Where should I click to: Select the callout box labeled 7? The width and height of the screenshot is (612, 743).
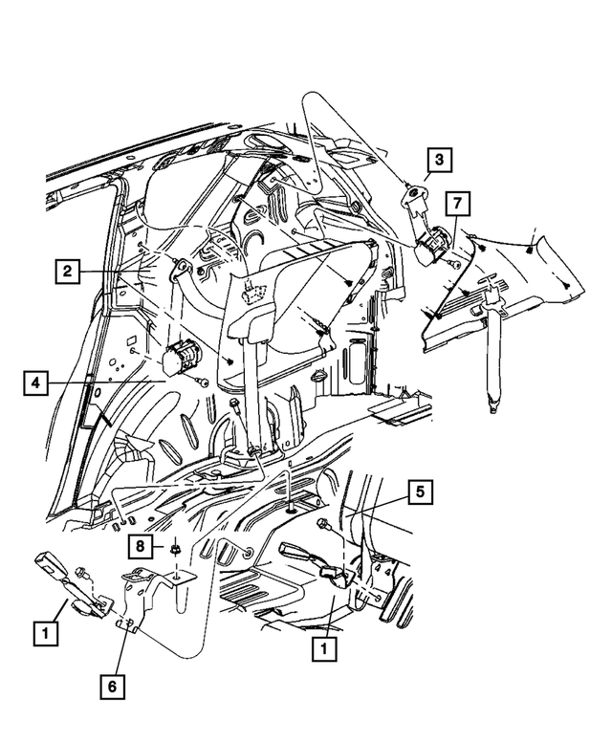pyautogui.click(x=457, y=203)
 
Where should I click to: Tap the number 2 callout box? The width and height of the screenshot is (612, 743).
pyautogui.click(x=66, y=272)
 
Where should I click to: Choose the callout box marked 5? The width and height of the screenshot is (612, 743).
pyautogui.click(x=418, y=493)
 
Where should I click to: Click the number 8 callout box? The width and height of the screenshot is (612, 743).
pyautogui.click(x=141, y=547)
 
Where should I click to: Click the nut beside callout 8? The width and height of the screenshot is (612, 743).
pyautogui.click(x=176, y=549)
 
